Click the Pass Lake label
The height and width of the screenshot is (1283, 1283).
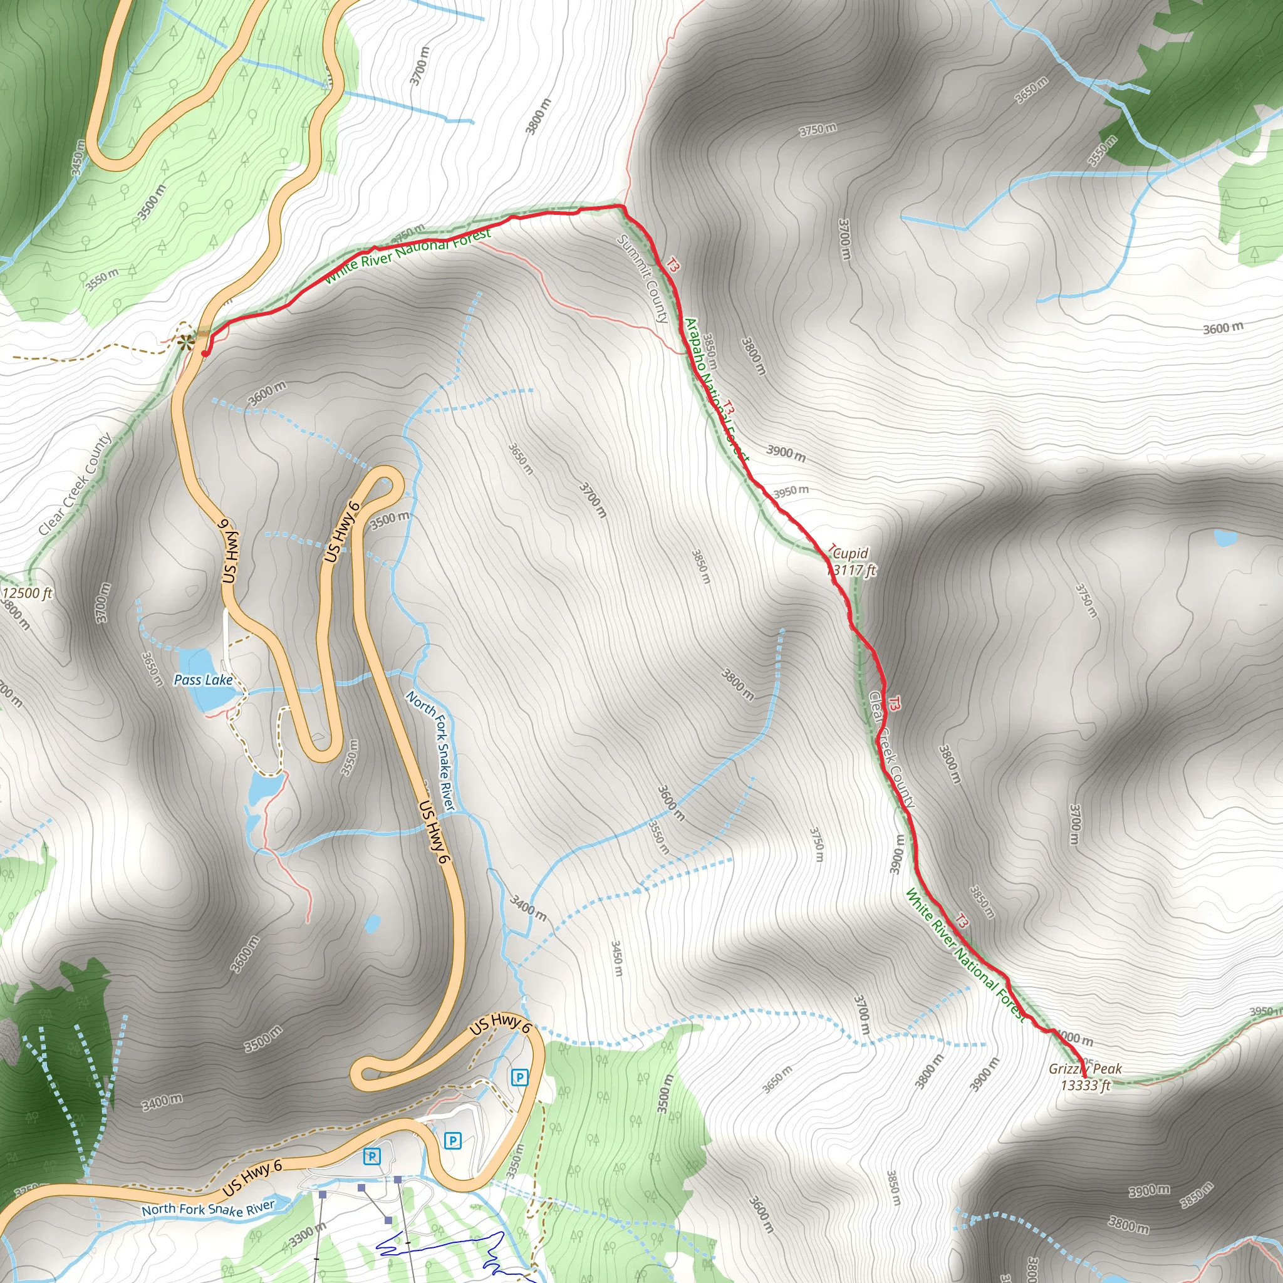coord(202,680)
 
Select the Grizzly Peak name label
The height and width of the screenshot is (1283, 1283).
coord(1085,1069)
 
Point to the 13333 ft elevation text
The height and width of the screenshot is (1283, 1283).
coord(1085,1086)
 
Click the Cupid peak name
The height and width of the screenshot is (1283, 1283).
coord(850,553)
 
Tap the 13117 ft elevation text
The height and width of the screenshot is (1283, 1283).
coord(851,570)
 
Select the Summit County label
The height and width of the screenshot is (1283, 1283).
coord(642,278)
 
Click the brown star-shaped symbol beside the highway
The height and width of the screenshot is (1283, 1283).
coord(186,342)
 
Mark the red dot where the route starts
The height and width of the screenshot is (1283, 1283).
coord(204,353)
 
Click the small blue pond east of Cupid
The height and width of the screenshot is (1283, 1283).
coord(1224,538)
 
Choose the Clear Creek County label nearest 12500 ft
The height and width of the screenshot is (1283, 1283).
coord(75,484)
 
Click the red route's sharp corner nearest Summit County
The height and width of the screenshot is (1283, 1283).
coord(622,207)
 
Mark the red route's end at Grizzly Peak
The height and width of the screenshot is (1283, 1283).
coord(1084,1076)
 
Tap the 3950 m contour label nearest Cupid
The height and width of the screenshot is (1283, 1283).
coord(790,491)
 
